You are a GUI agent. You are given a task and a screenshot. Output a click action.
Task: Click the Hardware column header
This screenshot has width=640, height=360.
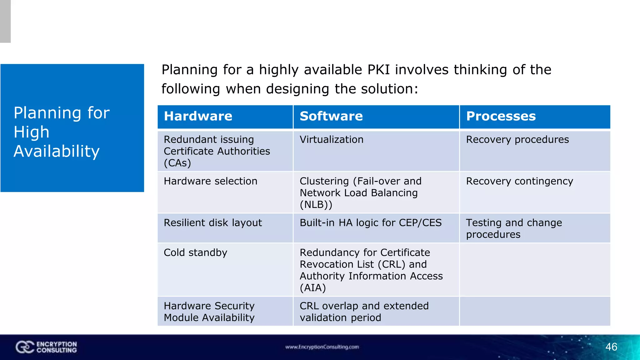[198, 116]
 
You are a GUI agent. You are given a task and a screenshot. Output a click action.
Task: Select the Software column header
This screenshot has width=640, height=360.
[331, 116]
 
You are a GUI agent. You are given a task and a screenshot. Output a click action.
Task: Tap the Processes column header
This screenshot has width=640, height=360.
[501, 116]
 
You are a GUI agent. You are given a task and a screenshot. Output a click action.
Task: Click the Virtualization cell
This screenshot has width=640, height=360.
[332, 139]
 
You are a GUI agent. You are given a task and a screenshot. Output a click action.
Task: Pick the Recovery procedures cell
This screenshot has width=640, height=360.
[517, 139]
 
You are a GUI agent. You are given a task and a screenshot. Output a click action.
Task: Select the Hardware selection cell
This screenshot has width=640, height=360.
[211, 181]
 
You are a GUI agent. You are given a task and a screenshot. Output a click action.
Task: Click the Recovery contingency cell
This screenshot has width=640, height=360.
[520, 181]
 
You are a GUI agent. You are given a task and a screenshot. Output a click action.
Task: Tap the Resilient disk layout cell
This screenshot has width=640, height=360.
[213, 223]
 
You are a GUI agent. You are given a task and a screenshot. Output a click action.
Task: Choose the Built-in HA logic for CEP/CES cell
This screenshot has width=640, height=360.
[371, 223]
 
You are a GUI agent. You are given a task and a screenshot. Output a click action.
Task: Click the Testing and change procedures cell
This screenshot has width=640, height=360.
[514, 228]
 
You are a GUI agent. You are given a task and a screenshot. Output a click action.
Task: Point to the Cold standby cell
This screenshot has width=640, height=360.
[196, 252]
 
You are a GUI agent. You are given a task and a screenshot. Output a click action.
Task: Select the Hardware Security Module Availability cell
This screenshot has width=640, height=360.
[209, 312]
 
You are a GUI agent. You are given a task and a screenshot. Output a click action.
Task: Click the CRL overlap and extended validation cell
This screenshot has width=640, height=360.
[364, 312]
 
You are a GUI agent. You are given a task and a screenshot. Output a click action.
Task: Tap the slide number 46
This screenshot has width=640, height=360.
[611, 347]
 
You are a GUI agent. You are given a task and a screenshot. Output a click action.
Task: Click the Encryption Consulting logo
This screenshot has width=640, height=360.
[46, 347]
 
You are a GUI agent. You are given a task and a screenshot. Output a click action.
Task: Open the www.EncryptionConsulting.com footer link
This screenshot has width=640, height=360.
[322, 347]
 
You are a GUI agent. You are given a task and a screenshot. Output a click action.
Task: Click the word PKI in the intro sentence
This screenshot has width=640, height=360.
[379, 70]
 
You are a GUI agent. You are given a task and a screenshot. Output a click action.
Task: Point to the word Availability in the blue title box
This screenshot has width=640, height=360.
[57, 151]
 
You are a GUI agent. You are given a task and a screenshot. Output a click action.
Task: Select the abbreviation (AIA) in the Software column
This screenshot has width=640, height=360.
[313, 288]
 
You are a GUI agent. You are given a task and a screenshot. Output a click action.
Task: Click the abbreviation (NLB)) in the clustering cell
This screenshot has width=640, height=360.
[316, 205]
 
